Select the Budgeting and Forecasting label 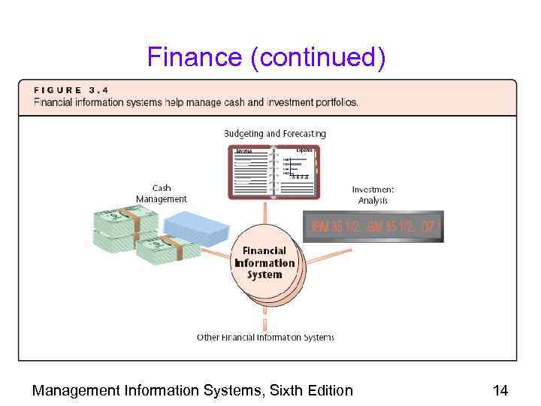click(275, 133)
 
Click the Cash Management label click(162, 193)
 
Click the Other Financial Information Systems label click(265, 338)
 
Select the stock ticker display click(373, 226)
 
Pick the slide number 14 click(500, 390)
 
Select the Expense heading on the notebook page click(304, 150)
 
